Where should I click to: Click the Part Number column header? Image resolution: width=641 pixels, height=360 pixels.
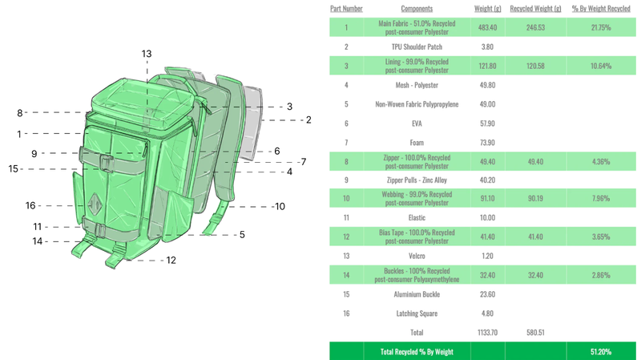[x=346, y=9]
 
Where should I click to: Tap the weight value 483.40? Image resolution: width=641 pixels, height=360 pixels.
[x=486, y=27]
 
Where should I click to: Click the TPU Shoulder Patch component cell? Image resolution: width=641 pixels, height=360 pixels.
[x=416, y=47]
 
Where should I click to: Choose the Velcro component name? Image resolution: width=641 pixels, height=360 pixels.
[x=416, y=256]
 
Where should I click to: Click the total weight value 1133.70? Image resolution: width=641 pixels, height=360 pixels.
[x=486, y=332]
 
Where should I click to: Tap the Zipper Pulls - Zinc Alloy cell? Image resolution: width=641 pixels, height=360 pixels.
[x=416, y=180]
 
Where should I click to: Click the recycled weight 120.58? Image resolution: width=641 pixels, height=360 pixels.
[x=534, y=66]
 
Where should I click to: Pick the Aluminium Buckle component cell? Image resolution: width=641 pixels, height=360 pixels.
[x=416, y=293]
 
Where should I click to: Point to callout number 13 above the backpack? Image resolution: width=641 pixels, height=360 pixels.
[x=147, y=55]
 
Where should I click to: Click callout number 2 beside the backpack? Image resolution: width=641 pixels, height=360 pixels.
[x=308, y=120]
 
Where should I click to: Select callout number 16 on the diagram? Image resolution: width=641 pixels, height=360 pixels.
[x=30, y=205]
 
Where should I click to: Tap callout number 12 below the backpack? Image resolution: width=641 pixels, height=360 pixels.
[x=171, y=260]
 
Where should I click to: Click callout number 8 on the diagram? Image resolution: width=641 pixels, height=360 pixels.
[x=20, y=113]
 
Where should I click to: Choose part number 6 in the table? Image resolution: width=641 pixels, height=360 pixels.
[x=346, y=123]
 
